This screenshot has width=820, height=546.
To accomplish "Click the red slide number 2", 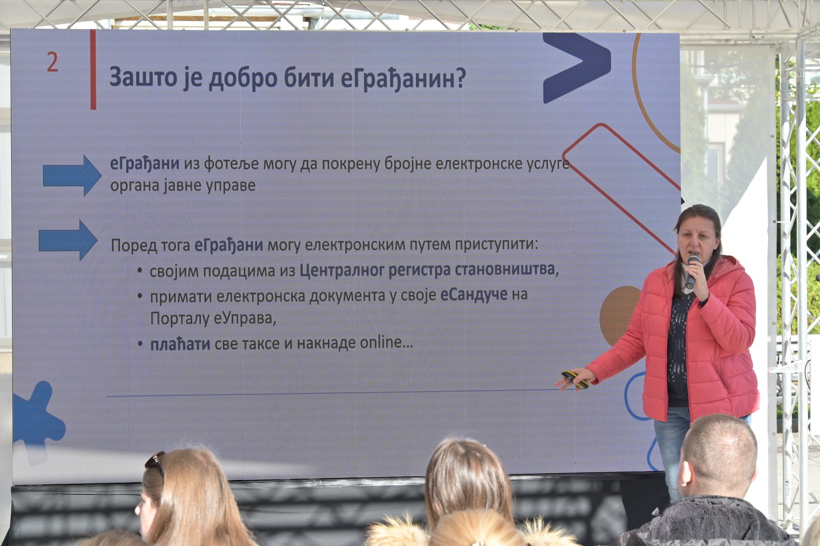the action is [53, 62].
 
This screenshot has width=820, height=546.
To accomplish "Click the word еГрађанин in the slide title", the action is [398, 78].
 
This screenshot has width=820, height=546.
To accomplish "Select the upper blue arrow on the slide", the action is [72, 175].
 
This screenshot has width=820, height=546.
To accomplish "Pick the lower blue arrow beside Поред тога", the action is [68, 240].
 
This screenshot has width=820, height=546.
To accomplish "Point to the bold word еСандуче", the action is [474, 294].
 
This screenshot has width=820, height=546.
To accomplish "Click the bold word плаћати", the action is [180, 344].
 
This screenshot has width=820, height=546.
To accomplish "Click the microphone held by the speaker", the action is [692, 270].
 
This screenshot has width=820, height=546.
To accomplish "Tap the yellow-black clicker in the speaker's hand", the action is [575, 379].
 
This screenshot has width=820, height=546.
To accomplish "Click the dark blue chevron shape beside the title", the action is [576, 68].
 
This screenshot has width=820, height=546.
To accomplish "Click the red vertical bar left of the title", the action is [93, 70].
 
